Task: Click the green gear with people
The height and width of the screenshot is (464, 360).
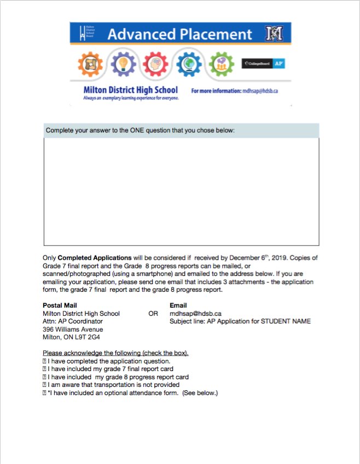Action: point(220,64)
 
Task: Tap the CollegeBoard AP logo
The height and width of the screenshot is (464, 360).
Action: point(264,63)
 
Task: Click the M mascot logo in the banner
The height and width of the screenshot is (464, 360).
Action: point(274,33)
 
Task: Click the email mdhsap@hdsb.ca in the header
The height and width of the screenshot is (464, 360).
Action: point(260,91)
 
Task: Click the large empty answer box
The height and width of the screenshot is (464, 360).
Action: point(181,191)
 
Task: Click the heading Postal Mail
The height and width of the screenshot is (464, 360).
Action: point(60,306)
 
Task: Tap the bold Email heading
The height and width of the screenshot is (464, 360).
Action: point(178,306)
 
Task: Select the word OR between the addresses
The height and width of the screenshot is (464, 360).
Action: point(153,314)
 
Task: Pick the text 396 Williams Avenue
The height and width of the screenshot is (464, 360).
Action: point(73,330)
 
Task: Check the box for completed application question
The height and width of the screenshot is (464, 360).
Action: point(44,361)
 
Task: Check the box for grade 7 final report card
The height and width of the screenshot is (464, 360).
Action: point(44,369)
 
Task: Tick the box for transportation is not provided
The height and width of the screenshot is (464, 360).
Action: point(44,385)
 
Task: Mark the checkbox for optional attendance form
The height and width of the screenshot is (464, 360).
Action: point(44,393)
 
